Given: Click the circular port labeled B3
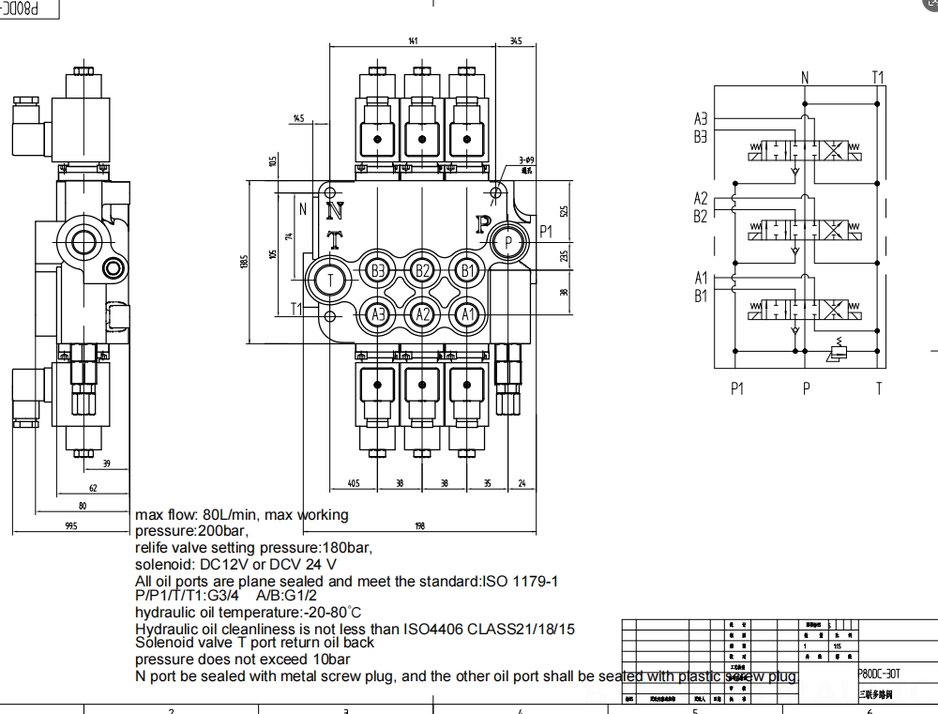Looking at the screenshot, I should (378, 271).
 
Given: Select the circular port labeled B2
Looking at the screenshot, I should (423, 271).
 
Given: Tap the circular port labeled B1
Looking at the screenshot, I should (468, 271).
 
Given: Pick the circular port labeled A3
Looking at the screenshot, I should (378, 314).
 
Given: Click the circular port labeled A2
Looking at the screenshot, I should (423, 314).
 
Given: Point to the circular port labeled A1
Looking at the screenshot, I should (468, 314).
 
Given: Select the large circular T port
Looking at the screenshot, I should (330, 279).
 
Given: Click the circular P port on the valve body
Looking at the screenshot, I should (507, 242).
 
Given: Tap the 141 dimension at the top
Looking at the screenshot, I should (413, 41).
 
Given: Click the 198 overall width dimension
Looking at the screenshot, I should (419, 526).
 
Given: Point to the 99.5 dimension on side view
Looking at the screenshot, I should (70, 526).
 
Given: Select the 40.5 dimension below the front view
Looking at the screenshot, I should (353, 484).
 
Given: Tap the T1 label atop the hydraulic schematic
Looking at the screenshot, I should (878, 77).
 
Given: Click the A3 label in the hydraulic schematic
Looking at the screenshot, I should (701, 119).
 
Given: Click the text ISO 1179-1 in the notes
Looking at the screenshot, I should (520, 581).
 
